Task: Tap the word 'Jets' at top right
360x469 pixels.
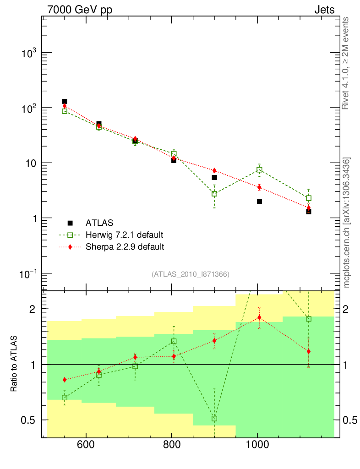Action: (324, 10)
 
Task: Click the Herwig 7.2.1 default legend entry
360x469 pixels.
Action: (124, 235)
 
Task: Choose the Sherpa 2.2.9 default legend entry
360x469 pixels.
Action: (125, 247)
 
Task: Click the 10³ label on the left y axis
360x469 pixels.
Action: (28, 53)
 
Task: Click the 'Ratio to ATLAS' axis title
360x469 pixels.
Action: (14, 364)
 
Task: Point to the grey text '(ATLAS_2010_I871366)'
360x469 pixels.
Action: (191, 274)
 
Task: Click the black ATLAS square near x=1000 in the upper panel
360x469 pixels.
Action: (259, 202)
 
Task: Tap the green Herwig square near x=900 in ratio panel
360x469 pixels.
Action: (214, 419)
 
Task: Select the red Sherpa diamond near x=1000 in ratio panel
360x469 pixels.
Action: (259, 317)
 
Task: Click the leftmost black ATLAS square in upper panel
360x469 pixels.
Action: (65, 101)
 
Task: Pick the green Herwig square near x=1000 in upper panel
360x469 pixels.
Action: (259, 170)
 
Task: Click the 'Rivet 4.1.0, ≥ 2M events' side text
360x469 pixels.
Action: (345, 63)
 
